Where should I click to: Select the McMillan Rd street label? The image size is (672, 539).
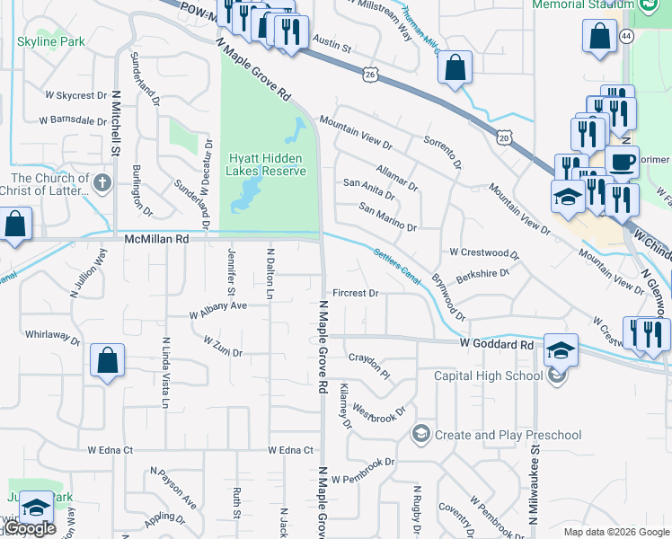157,240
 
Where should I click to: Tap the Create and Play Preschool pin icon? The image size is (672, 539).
420,435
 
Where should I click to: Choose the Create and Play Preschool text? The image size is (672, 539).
508,435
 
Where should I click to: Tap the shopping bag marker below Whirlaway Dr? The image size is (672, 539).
107,361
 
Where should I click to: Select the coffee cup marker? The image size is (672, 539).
621,163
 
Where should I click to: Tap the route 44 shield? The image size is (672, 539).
626,36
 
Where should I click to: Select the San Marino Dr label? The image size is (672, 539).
387,219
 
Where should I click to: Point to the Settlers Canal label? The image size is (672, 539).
396,264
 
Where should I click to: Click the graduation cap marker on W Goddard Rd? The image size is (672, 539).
561,349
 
